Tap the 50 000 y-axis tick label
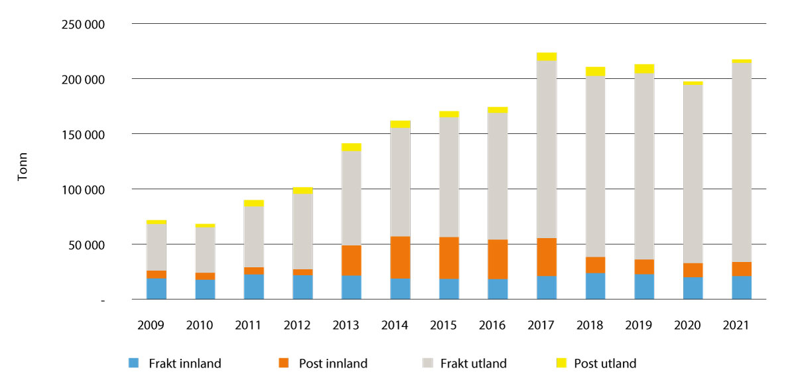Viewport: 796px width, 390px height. (88, 245)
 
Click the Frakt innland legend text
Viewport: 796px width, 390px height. (185, 363)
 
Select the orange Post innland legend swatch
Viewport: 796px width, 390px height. (284, 363)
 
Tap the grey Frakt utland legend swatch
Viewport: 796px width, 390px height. (428, 363)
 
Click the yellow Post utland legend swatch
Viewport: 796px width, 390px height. (561, 363)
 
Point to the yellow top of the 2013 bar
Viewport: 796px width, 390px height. (352, 147)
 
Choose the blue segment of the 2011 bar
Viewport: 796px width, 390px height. (254, 287)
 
